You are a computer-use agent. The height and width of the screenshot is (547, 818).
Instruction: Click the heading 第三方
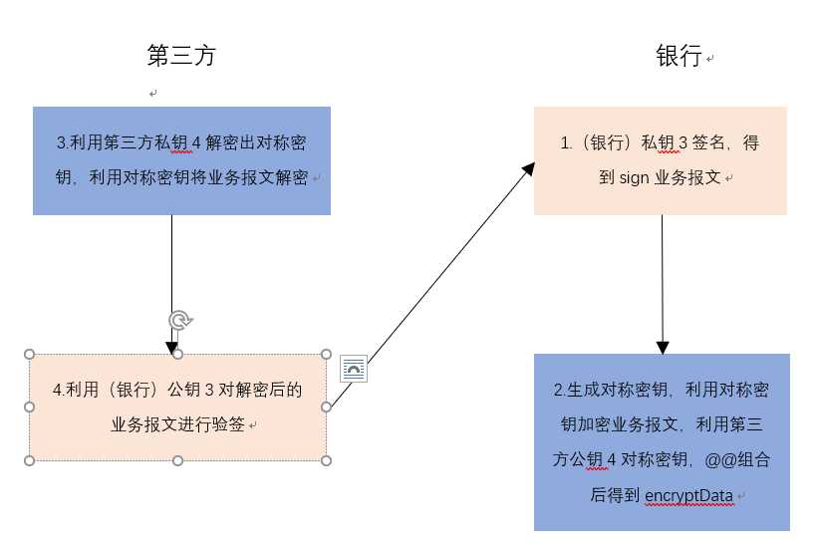coord(180,56)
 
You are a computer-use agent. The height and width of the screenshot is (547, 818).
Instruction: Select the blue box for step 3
coord(181,160)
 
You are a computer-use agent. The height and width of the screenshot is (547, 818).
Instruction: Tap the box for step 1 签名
coord(660,160)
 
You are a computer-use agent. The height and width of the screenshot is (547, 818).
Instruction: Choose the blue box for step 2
coord(662,441)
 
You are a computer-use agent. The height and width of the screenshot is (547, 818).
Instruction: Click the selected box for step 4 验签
coord(177,407)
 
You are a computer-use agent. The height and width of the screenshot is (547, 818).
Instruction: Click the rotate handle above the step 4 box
coord(178,320)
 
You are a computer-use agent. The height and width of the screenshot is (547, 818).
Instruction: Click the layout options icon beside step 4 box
coord(354,369)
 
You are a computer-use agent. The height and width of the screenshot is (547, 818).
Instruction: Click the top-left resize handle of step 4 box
coord(30,354)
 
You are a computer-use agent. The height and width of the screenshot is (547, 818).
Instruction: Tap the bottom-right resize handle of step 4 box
coord(327,460)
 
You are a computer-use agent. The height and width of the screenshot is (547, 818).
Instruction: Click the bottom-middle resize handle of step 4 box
coord(177,460)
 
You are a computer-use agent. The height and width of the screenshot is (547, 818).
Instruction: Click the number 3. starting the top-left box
coord(62,143)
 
